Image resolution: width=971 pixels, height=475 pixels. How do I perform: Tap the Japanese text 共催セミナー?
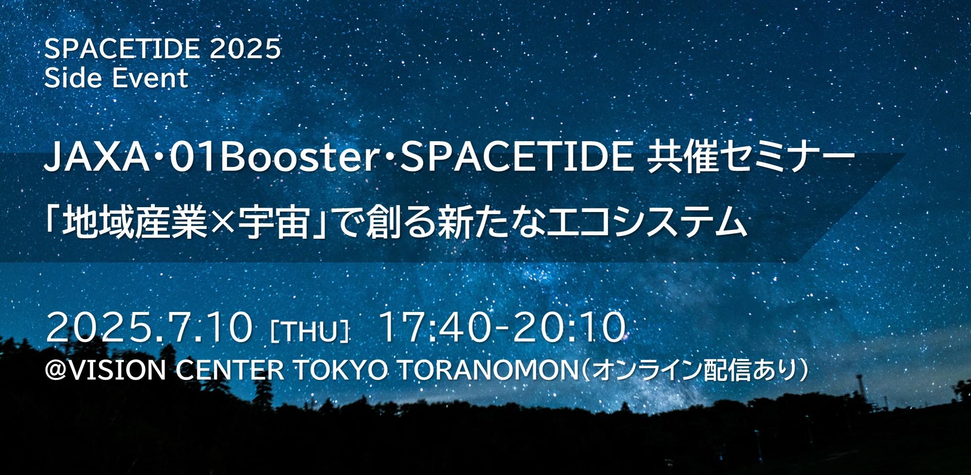[751, 158]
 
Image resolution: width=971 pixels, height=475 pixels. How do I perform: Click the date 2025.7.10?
[150, 328]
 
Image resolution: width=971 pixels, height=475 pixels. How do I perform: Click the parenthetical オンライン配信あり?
[695, 370]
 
